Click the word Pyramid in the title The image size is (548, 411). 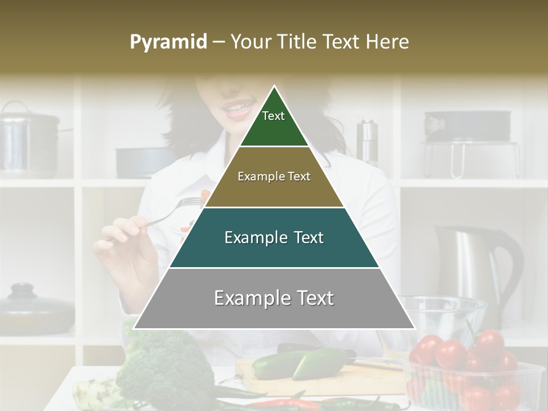coord(168,42)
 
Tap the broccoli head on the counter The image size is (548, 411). coord(166,360)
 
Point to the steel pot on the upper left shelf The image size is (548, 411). coord(29,140)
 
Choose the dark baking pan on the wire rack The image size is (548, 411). coord(467,126)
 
